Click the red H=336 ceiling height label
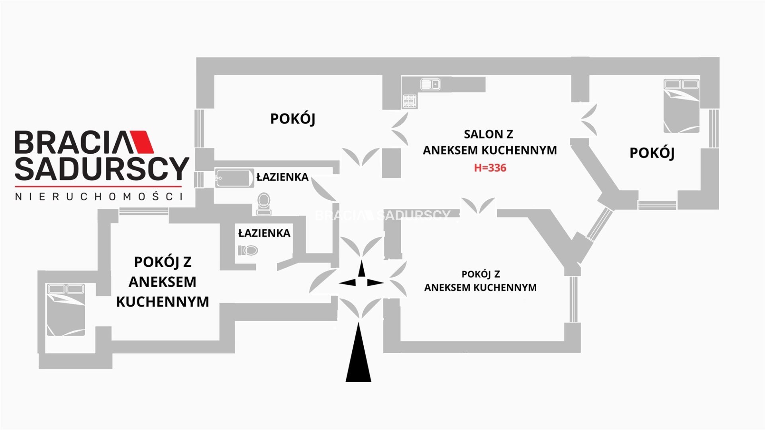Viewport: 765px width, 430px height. pyautogui.click(x=490, y=168)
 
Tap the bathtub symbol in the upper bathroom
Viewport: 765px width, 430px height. pyautogui.click(x=234, y=178)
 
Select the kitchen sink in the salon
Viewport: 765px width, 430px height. pyautogui.click(x=430, y=84)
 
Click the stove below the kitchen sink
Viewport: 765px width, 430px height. pyautogui.click(x=410, y=101)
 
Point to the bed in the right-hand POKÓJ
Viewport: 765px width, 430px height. pyautogui.click(x=681, y=106)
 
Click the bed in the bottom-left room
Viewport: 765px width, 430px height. pyautogui.click(x=66, y=310)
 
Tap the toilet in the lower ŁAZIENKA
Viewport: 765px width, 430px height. pyautogui.click(x=248, y=250)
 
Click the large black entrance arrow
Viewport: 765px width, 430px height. pyautogui.click(x=358, y=354)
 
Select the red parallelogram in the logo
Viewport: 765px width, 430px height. pyautogui.click(x=142, y=142)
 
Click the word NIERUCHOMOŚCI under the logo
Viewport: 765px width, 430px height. pyautogui.click(x=99, y=196)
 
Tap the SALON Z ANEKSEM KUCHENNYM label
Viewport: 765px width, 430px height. pyautogui.click(x=489, y=142)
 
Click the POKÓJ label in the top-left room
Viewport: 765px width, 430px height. pyautogui.click(x=292, y=119)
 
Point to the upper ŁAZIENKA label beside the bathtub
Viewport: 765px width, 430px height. pyautogui.click(x=282, y=177)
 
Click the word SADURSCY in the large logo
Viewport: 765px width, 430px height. pyautogui.click(x=102, y=168)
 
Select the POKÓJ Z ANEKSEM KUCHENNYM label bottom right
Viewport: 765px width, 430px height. pyautogui.click(x=480, y=281)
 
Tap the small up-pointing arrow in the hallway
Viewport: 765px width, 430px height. pyautogui.click(x=361, y=269)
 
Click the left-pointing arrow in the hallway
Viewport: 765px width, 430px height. pyautogui.click(x=347, y=283)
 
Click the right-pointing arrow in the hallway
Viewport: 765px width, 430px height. pyautogui.click(x=375, y=283)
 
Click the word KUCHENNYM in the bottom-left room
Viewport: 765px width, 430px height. pyautogui.click(x=163, y=302)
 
